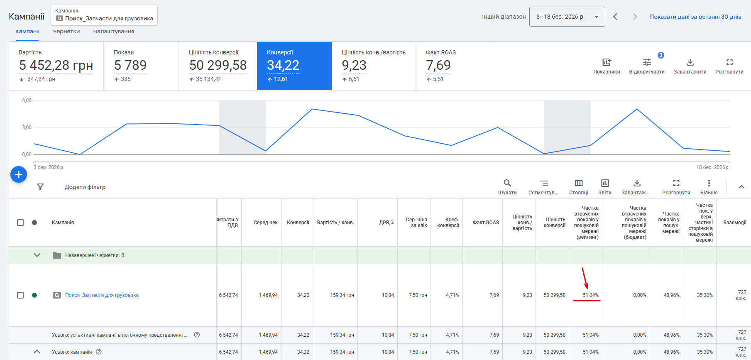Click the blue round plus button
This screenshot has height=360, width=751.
pos(19,175)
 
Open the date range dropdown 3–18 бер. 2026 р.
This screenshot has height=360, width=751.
pos(567,17)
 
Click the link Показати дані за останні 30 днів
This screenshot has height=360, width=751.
pos(695,17)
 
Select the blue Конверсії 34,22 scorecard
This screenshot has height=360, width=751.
pos(294,66)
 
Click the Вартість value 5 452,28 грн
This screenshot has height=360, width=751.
pos(56,66)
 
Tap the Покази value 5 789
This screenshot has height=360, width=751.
pos(130,66)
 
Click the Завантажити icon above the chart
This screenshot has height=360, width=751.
pos(690,63)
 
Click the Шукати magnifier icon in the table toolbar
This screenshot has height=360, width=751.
pos(507,183)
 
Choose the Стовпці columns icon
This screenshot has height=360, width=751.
pos(579,183)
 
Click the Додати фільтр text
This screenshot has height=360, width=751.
pos(85,187)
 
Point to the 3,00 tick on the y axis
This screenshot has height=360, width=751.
pos(27,127)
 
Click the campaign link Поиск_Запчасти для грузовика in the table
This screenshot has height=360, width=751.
pos(102,295)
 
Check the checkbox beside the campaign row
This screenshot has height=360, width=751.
pos(20,295)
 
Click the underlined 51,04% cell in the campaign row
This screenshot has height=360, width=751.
pos(590,295)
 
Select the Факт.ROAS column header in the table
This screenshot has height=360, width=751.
pos(486,223)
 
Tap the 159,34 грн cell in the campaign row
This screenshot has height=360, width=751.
pos(342,295)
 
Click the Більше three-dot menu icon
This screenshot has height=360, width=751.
pos(709,183)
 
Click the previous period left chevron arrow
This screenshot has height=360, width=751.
pos(615,17)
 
